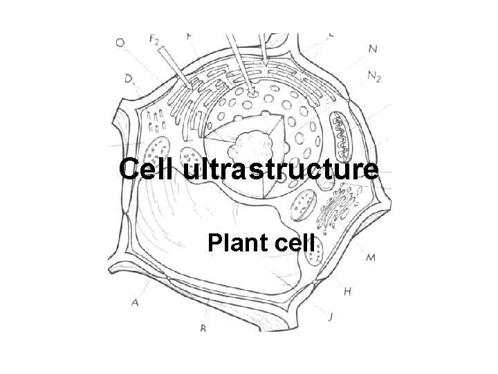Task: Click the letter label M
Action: [371, 258]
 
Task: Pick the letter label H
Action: [347, 292]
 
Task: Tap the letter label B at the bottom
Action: [203, 329]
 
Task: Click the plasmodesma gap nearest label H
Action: [316, 283]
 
